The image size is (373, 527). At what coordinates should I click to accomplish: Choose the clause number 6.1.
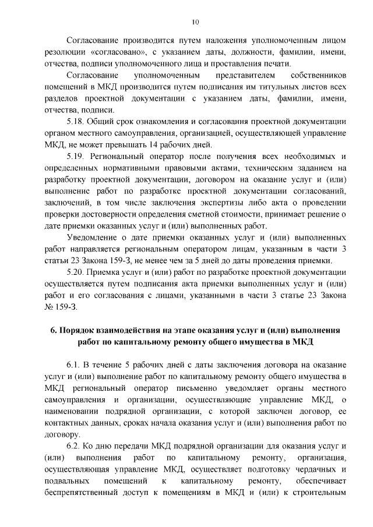pyautogui.click(x=73, y=365)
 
